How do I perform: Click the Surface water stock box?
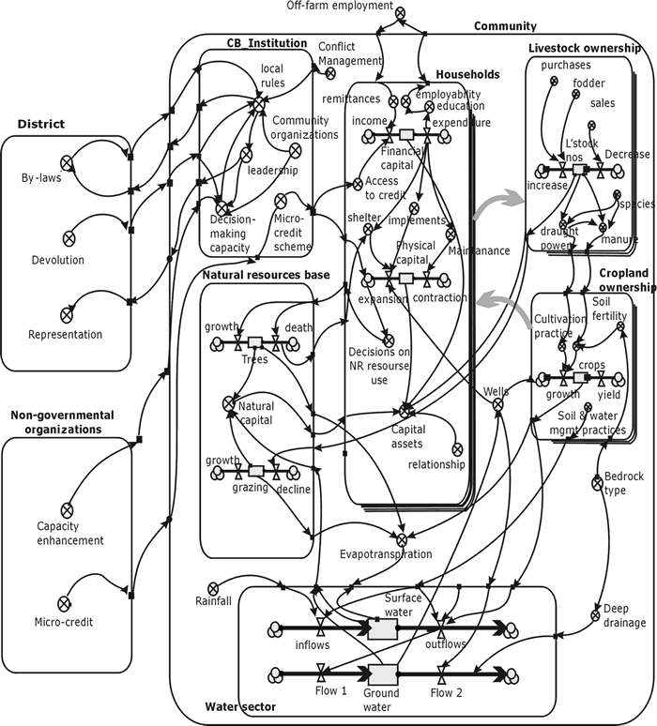[x=382, y=628]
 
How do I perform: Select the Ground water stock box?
[x=382, y=674]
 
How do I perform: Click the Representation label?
[x=65, y=334]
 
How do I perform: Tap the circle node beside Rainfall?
[x=214, y=587]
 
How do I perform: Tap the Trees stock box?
[x=255, y=343]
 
